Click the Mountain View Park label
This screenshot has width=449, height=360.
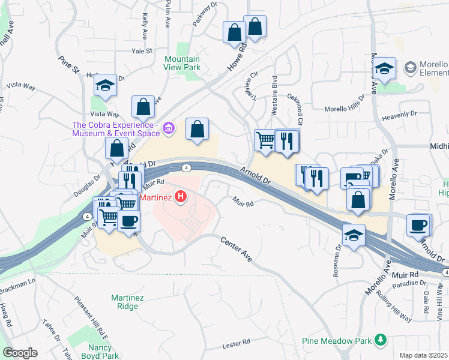pos(182,63)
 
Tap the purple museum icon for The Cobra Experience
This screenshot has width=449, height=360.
pos(169,128)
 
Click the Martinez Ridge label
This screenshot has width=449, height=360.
pos(124,302)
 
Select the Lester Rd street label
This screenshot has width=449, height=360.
pos(235,343)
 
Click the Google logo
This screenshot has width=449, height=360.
pos(20,353)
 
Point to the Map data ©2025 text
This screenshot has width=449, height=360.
pos(424,355)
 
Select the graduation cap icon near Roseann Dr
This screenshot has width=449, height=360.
pos(354,235)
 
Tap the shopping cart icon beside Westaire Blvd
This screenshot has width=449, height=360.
pos(265,141)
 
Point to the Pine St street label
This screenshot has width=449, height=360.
pos(69,65)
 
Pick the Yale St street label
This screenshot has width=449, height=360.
pos(142,52)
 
